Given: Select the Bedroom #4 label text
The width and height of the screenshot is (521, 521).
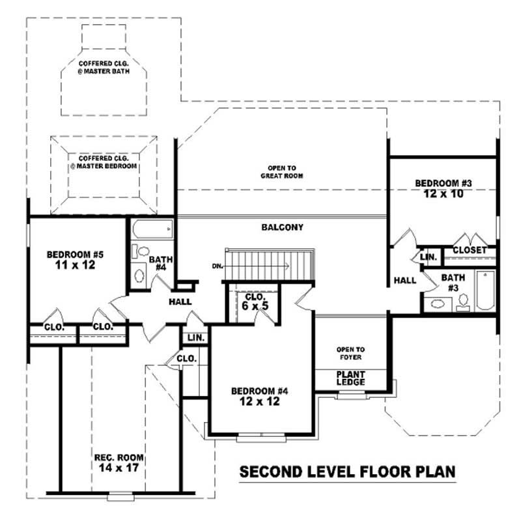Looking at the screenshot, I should (x=260, y=396).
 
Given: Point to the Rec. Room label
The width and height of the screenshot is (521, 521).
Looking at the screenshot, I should (x=119, y=462).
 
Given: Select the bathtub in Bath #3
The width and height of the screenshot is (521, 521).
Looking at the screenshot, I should (x=485, y=290).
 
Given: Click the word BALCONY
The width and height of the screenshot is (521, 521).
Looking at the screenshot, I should (x=283, y=228).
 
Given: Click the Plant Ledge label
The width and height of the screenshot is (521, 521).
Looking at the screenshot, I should (x=350, y=378).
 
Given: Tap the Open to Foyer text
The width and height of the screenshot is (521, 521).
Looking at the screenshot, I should (x=350, y=353).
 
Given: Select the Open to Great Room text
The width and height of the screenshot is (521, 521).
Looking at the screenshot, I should (x=283, y=171).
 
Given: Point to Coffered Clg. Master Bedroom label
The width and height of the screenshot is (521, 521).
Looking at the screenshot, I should (x=104, y=162).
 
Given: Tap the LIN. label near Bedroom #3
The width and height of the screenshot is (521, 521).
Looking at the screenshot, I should (x=429, y=257).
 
